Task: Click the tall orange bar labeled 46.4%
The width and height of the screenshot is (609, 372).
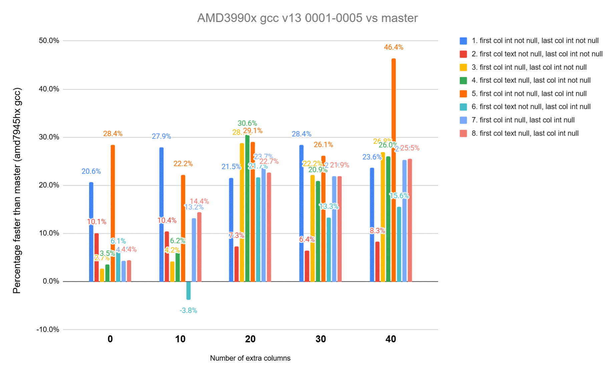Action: pyautogui.click(x=394, y=170)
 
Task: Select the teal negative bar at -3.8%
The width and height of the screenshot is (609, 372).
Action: pyautogui.click(x=188, y=290)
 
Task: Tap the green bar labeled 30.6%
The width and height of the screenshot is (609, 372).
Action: pyautogui.click(x=247, y=208)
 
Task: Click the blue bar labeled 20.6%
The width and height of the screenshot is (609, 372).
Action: pyautogui.click(x=91, y=232)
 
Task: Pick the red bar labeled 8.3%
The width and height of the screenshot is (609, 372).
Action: pyautogui.click(x=377, y=262)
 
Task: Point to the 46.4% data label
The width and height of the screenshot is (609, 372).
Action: pyautogui.click(x=394, y=47)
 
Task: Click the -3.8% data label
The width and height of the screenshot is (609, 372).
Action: pyautogui.click(x=188, y=311)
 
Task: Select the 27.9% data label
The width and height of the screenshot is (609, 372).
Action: pyautogui.click(x=161, y=136)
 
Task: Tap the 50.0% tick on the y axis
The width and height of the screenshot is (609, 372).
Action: pyautogui.click(x=49, y=41)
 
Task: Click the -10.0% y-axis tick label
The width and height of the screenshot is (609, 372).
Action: pyautogui.click(x=48, y=330)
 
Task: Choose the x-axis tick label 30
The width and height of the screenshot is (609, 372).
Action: pyautogui.click(x=321, y=339)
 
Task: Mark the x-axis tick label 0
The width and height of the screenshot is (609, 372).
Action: pyautogui.click(x=110, y=339)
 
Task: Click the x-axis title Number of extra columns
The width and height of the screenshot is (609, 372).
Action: pyautogui.click(x=250, y=358)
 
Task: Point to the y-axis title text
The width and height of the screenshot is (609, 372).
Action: pyautogui.click(x=17, y=190)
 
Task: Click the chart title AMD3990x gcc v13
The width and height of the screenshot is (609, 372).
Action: pyautogui.click(x=307, y=18)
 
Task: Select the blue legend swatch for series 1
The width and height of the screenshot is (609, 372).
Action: pyautogui.click(x=463, y=41)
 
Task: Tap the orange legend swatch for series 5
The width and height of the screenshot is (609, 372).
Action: pyautogui.click(x=463, y=94)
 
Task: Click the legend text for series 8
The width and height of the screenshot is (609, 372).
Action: pyautogui.click(x=525, y=133)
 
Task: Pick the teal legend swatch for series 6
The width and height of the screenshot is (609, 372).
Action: pyautogui.click(x=463, y=107)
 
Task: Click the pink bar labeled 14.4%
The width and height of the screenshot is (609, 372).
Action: pyautogui.click(x=199, y=247)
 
